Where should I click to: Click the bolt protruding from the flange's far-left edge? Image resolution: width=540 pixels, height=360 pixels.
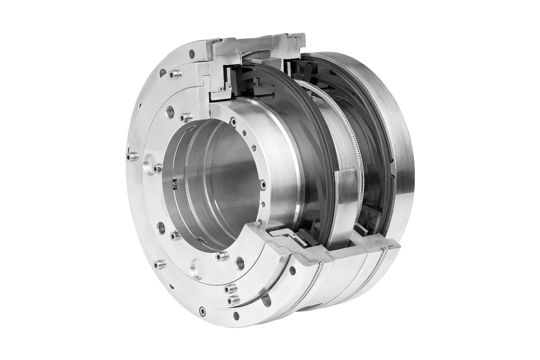pyautogui.click(x=131, y=157)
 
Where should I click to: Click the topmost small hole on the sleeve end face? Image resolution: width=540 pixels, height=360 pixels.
pyautogui.click(x=233, y=120)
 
